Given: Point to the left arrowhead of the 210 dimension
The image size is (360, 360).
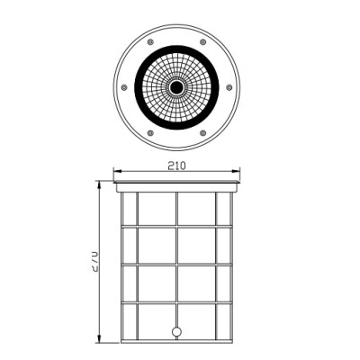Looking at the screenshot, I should click(x=118, y=174).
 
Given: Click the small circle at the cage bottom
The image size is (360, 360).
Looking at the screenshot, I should click(x=175, y=330).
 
